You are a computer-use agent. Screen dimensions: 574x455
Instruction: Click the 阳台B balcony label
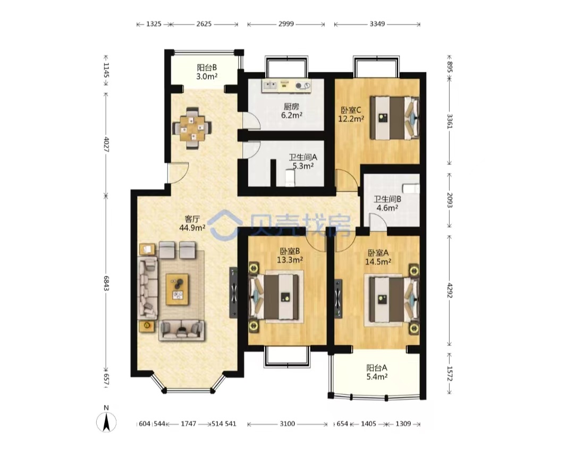[207, 68]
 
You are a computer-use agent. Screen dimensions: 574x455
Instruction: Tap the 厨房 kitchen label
[291, 106]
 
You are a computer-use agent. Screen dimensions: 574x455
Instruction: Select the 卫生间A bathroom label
[303, 158]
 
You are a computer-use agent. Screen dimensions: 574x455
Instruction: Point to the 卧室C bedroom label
[351, 110]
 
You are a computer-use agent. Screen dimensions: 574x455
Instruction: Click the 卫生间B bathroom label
[387, 199]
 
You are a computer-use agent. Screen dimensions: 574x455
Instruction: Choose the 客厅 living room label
[192, 219]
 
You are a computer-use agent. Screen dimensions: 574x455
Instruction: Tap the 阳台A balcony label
[377, 367]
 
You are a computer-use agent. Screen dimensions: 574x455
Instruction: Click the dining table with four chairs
[192, 128]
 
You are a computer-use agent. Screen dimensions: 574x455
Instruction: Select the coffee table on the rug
[178, 289]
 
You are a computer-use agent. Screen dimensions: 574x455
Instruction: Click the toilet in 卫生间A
[290, 179]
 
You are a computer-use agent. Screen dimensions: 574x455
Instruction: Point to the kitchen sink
[270, 86]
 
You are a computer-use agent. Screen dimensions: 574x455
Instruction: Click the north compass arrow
[106, 422]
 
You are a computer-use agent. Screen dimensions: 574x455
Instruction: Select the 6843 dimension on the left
[106, 284]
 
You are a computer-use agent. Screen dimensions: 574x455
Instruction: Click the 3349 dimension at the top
[377, 24]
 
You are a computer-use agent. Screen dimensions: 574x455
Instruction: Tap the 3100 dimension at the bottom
[288, 424]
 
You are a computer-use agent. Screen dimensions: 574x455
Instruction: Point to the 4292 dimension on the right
[450, 289]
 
